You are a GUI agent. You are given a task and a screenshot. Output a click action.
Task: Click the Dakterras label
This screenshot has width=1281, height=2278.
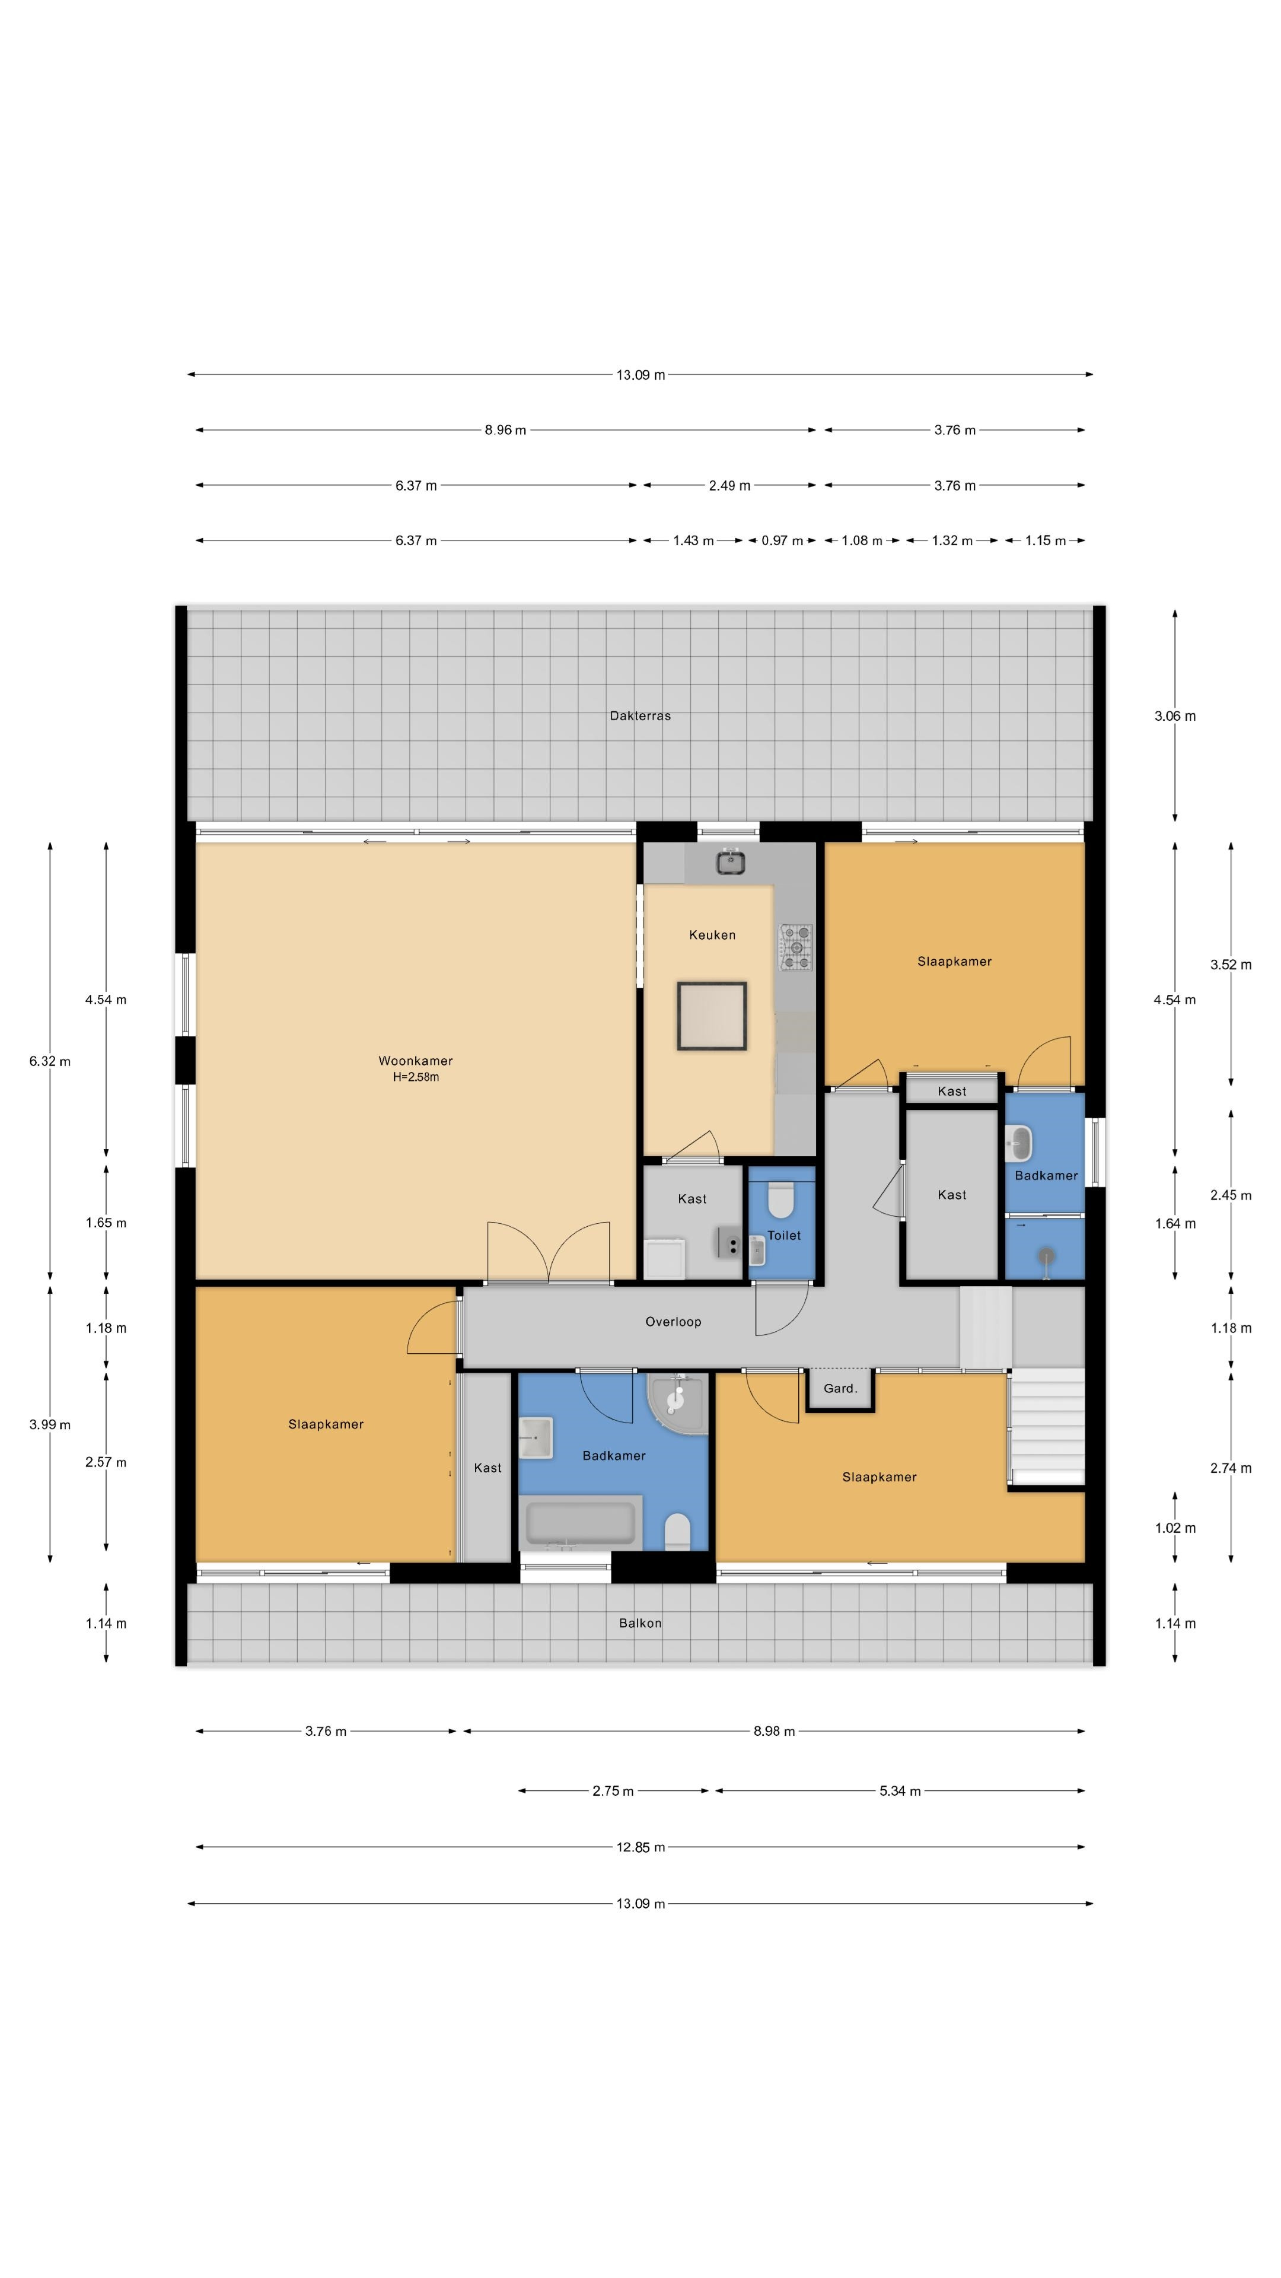(x=640, y=715)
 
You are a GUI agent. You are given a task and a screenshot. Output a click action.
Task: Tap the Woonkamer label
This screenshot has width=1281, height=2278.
(x=416, y=1060)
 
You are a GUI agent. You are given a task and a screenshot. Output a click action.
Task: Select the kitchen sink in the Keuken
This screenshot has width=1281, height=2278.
(x=729, y=861)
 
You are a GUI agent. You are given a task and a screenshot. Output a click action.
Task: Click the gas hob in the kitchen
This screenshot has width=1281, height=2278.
(x=796, y=947)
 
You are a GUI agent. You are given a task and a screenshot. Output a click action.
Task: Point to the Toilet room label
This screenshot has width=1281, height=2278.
(x=784, y=1235)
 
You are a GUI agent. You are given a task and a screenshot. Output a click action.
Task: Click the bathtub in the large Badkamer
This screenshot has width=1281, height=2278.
(x=581, y=1522)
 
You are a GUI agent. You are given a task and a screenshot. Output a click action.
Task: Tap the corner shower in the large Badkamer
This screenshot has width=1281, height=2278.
(x=678, y=1402)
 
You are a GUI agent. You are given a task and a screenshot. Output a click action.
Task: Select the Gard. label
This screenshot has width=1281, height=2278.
(x=840, y=1388)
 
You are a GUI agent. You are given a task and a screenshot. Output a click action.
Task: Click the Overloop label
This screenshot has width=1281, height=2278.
(x=673, y=1321)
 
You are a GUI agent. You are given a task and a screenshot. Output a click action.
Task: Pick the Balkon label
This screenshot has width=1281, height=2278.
(x=640, y=1622)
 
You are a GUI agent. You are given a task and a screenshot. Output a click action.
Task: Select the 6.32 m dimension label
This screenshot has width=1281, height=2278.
(x=49, y=1061)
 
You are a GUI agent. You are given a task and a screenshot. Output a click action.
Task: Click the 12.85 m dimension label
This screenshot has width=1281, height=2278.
(x=640, y=1847)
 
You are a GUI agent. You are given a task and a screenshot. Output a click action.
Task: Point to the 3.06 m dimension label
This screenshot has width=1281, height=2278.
(x=1175, y=716)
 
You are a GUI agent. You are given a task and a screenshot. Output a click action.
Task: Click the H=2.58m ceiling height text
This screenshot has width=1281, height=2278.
(x=416, y=1077)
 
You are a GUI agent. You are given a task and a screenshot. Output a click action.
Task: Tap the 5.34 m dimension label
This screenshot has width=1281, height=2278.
(x=900, y=1791)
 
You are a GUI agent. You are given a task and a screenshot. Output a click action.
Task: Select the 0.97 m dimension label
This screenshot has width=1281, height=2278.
(x=782, y=540)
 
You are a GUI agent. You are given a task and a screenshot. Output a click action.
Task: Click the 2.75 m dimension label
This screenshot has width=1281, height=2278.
(x=613, y=1791)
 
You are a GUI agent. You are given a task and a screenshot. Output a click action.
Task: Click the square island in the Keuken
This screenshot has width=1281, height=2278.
(x=712, y=1016)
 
